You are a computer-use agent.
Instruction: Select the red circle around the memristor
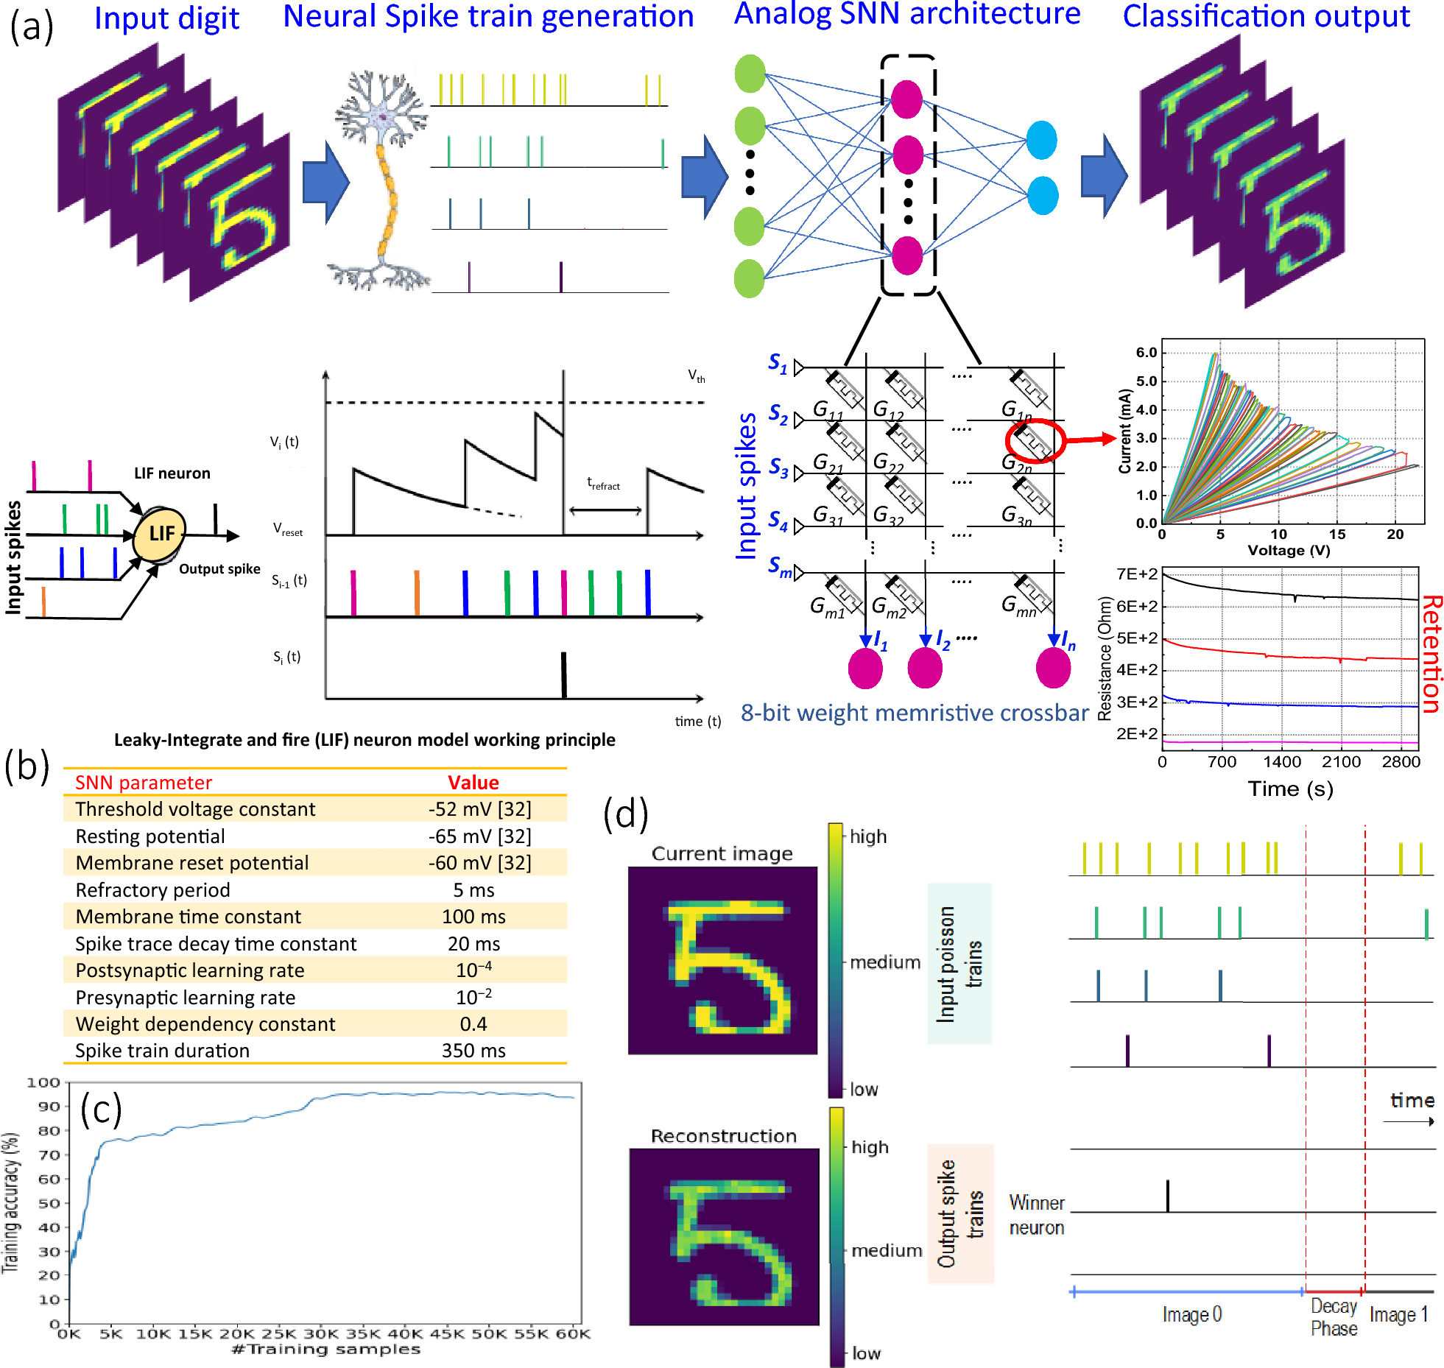pos(1035,440)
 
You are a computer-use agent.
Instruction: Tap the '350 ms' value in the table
pos(473,1051)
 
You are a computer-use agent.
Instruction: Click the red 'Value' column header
pos(473,783)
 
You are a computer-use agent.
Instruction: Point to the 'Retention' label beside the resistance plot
pos(1430,654)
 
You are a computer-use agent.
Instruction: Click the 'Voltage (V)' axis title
pos(1289,551)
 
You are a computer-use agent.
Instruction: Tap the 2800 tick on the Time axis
pos(1401,762)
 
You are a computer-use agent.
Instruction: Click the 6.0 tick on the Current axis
pos(1147,353)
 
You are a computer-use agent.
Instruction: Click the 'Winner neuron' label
pos(1036,1215)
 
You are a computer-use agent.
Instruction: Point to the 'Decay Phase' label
pos(1334,1317)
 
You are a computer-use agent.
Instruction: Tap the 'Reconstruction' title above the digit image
pos(723,1136)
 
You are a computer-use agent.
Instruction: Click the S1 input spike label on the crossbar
pos(778,363)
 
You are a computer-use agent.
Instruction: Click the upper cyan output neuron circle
pos(1041,140)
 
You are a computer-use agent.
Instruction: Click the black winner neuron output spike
pos(1167,1196)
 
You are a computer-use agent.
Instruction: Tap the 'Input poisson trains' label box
pos(959,964)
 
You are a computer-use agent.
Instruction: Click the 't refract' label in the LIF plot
pos(603,484)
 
